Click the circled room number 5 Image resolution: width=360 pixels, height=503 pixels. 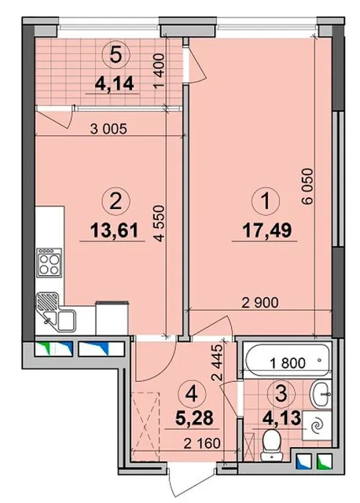[116, 55]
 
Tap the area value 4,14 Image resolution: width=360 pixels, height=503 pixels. [114, 84]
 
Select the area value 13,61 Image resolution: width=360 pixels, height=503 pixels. [115, 230]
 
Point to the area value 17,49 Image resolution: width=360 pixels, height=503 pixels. [267, 230]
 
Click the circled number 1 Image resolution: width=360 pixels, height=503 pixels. [266, 201]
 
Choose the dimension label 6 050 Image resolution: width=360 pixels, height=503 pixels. [307, 186]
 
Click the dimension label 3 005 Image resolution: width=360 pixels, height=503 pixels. [108, 129]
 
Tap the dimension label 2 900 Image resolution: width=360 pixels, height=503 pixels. [260, 303]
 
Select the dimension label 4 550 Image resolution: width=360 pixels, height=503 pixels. [160, 223]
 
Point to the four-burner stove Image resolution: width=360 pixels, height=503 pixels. [49, 263]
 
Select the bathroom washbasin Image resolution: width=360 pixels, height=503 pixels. [320, 395]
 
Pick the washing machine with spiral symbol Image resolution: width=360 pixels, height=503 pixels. [317, 425]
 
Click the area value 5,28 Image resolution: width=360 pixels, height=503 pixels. [194, 418]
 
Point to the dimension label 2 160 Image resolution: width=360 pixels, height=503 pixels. [202, 443]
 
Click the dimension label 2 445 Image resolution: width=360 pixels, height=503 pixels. [218, 362]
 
